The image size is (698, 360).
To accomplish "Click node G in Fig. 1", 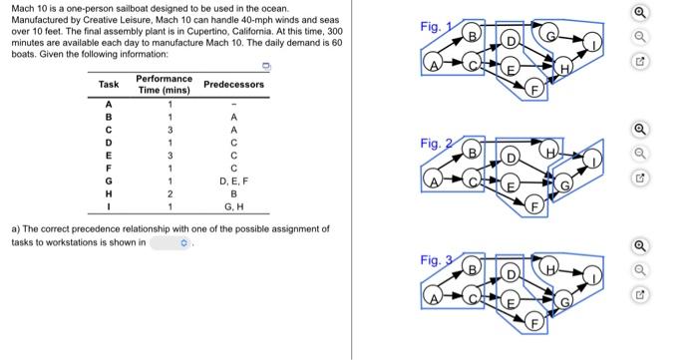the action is (x=549, y=31).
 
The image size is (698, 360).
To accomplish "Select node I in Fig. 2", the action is (x=592, y=159).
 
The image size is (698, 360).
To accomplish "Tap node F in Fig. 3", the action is (x=535, y=323).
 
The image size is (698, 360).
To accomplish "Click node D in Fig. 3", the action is (x=511, y=274).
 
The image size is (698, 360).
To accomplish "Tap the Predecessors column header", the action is (x=233, y=84).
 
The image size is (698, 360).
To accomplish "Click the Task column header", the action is (x=109, y=84).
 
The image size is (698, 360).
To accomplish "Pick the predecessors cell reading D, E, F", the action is (x=234, y=181).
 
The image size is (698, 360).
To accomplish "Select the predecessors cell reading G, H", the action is (x=234, y=206).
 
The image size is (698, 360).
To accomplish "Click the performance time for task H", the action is (x=170, y=194).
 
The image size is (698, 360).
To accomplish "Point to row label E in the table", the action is (x=108, y=156).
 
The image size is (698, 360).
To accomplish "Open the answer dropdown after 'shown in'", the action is (x=171, y=243).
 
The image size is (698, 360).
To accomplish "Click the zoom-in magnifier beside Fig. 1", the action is (x=640, y=12).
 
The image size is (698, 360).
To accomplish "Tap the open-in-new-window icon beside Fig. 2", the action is (x=640, y=178).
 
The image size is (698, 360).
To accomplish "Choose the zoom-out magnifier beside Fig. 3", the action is (x=640, y=270).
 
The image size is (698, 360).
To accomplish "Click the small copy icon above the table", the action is (x=266, y=66).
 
